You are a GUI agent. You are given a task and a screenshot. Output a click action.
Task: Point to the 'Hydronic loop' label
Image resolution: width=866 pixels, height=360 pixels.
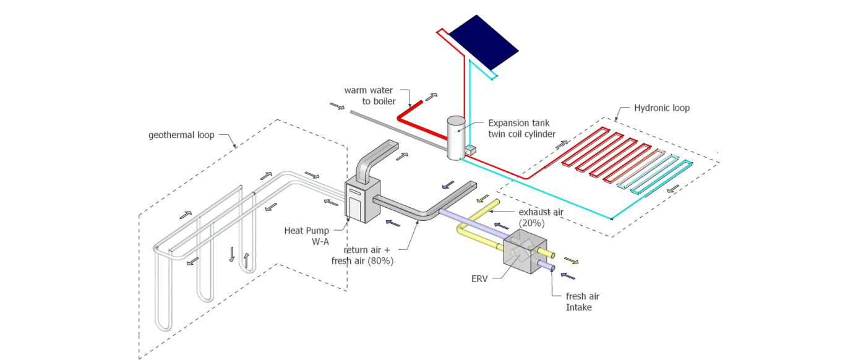pos(661,108)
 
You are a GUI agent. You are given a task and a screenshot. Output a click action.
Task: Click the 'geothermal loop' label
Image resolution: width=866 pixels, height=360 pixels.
pos(181,135)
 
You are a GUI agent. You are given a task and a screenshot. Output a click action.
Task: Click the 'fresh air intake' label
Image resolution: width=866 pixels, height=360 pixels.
pos(583,301)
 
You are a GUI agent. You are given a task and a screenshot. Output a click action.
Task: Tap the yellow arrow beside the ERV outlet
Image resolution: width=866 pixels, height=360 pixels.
pos(573,261)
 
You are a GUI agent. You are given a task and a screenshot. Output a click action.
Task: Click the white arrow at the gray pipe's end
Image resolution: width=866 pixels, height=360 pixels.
pos(338,106)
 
